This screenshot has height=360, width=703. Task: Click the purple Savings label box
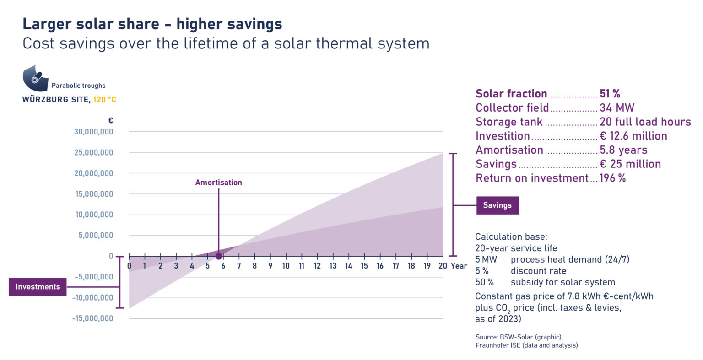click(498, 205)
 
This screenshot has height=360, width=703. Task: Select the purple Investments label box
click(38, 287)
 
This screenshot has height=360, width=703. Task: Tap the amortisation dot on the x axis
click(219, 256)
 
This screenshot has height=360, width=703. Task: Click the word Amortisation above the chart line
click(218, 183)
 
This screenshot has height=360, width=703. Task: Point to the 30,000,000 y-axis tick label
click(93, 132)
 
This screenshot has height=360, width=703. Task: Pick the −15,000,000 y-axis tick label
click(92, 318)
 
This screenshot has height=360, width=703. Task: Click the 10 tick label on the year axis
click(286, 266)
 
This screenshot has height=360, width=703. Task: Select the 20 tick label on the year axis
click(443, 266)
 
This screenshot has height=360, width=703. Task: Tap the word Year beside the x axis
click(459, 266)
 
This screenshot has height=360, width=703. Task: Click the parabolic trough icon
click(35, 78)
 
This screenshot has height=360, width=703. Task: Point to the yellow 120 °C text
click(105, 99)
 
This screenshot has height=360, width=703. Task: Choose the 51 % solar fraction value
click(610, 94)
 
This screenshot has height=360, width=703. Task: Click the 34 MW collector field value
click(617, 108)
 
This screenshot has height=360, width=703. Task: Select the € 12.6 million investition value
click(633, 136)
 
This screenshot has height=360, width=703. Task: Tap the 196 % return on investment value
click(612, 178)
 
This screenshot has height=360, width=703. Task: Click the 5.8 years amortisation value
click(623, 150)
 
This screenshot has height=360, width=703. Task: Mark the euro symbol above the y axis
click(110, 121)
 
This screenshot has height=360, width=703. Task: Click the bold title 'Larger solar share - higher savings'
click(152, 24)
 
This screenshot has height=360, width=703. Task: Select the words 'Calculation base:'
click(511, 237)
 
